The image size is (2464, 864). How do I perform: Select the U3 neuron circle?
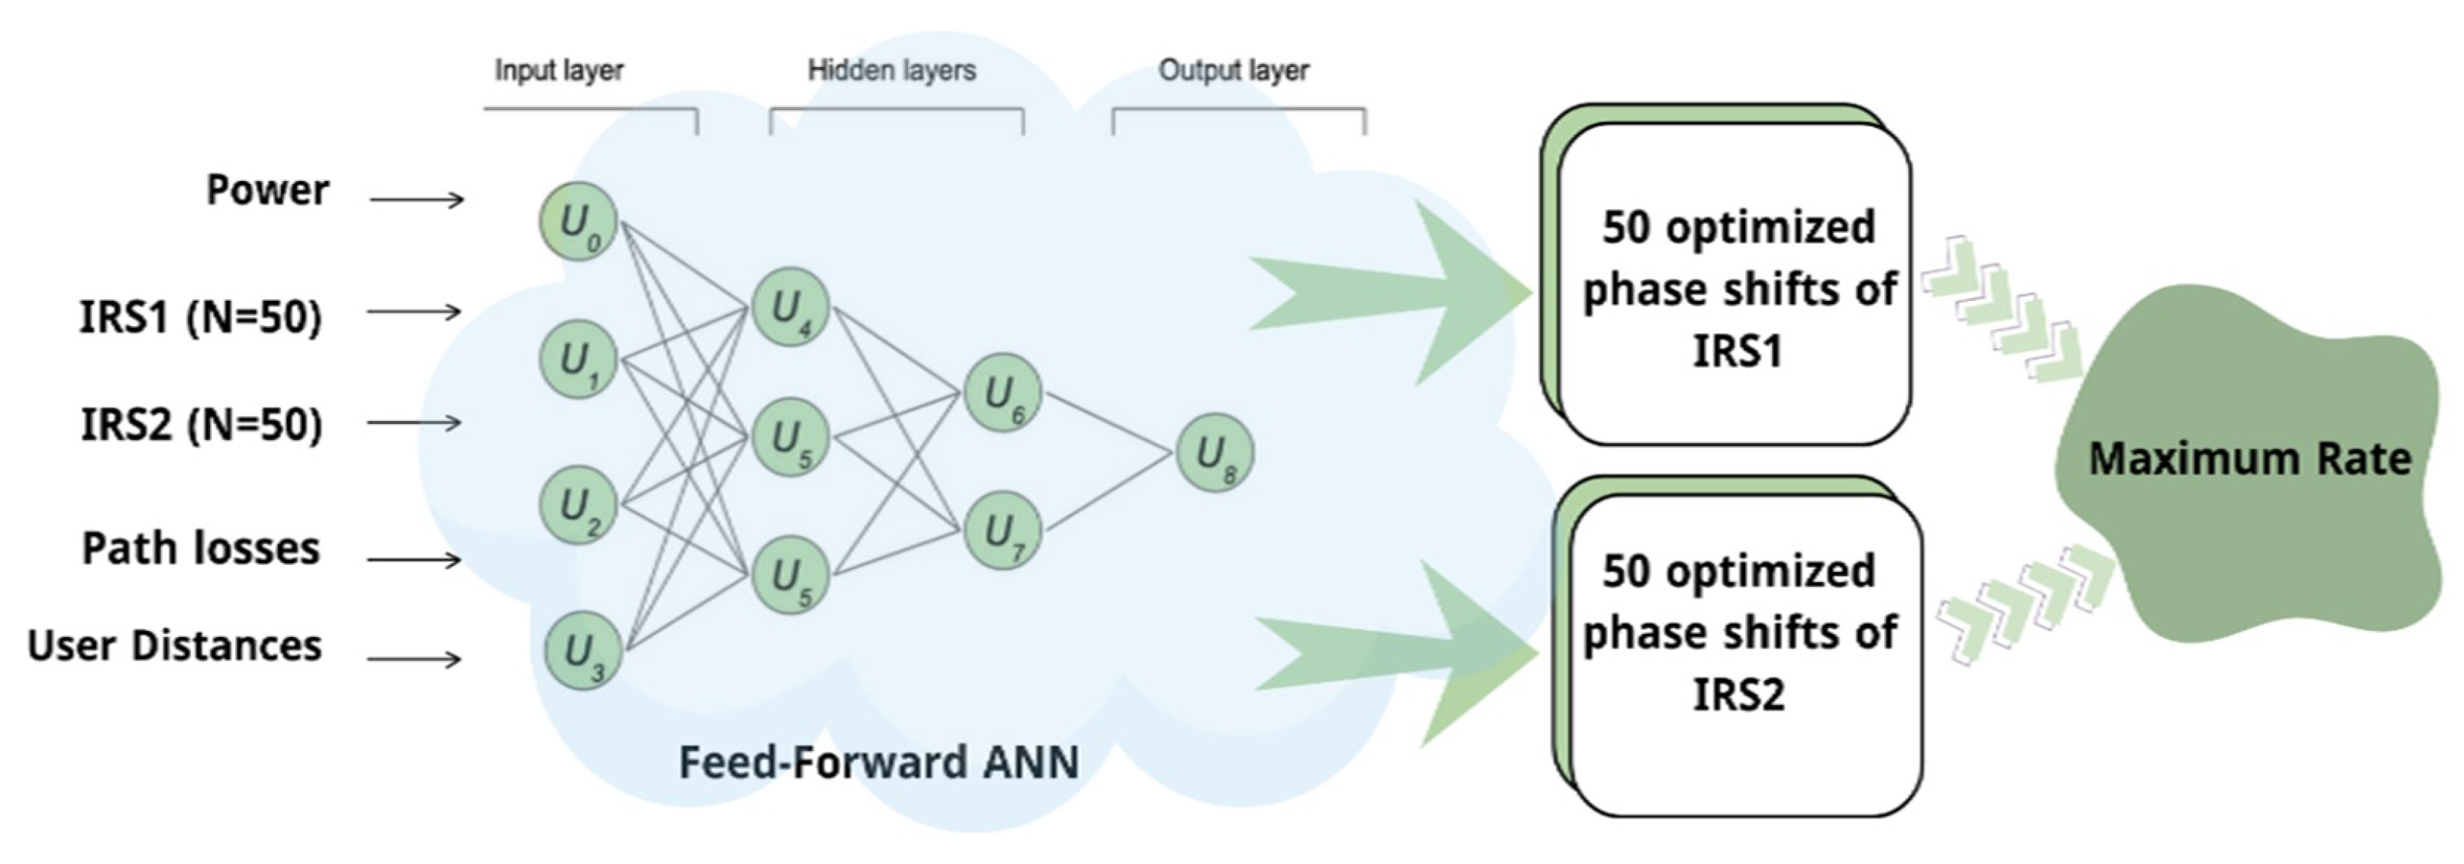[x=583, y=651]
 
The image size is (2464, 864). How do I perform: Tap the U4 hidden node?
[x=790, y=307]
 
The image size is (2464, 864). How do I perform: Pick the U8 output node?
[x=1214, y=452]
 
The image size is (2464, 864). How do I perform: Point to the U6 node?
[x=1002, y=393]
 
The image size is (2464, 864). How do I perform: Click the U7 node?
[x=1002, y=530]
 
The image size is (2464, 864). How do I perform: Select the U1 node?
[x=577, y=361]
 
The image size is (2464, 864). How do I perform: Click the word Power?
[x=268, y=190]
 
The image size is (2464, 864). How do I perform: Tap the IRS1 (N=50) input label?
[x=201, y=317]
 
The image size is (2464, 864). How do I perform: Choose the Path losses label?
[x=201, y=548]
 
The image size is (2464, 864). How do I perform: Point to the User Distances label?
[x=174, y=646]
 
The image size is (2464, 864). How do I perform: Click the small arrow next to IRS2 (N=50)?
[x=416, y=422]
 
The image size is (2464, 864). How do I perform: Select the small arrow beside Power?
[x=417, y=199]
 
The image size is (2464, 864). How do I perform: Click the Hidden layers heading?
[x=891, y=70]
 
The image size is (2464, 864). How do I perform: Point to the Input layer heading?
[x=558, y=70]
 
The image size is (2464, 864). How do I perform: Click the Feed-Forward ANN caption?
[x=879, y=762]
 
